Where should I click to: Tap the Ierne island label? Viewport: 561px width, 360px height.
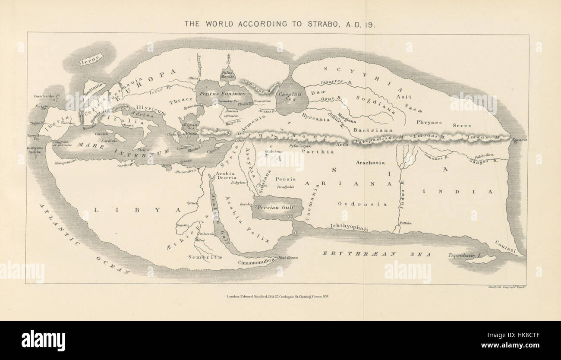[91, 60]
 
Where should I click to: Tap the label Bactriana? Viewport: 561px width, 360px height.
[367, 129]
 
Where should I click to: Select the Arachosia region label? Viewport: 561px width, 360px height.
[370, 163]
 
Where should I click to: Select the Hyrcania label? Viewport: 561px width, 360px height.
[315, 119]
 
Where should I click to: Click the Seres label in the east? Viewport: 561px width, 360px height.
[462, 126]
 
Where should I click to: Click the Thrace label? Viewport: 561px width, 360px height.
[180, 101]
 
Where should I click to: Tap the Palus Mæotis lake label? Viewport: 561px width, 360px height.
[227, 75]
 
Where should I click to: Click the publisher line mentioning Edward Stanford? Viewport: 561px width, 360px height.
[277, 297]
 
